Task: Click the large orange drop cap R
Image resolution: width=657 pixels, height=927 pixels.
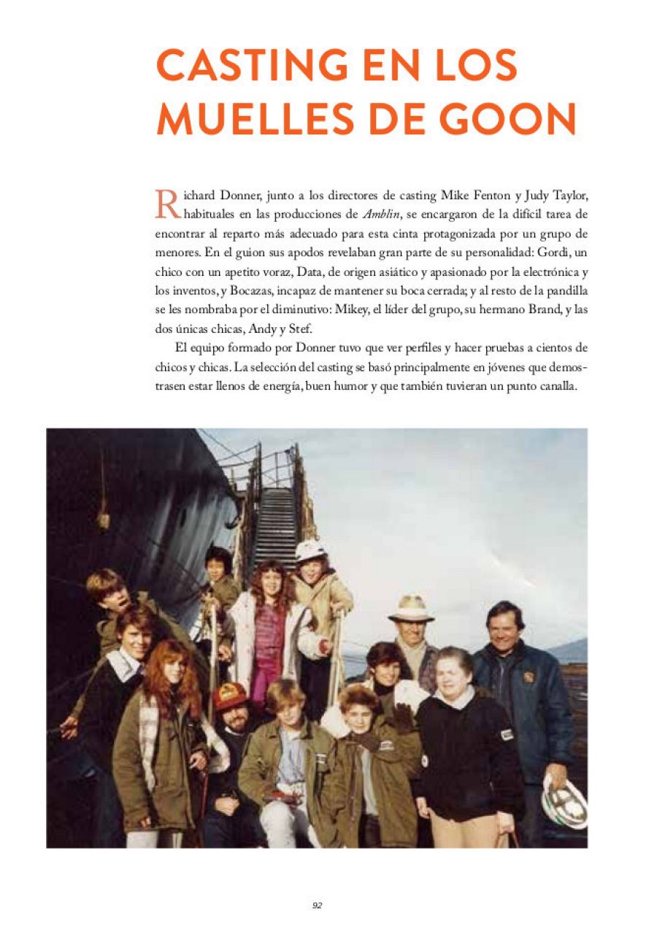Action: [x=167, y=204]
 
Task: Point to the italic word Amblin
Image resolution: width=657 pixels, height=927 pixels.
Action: [x=380, y=215]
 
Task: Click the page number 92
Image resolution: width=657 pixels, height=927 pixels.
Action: [x=318, y=905]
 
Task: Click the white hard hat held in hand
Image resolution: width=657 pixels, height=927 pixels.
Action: [x=564, y=801]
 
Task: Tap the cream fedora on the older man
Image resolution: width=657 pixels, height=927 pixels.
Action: [x=411, y=607]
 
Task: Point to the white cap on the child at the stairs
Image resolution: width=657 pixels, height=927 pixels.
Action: [x=310, y=550]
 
